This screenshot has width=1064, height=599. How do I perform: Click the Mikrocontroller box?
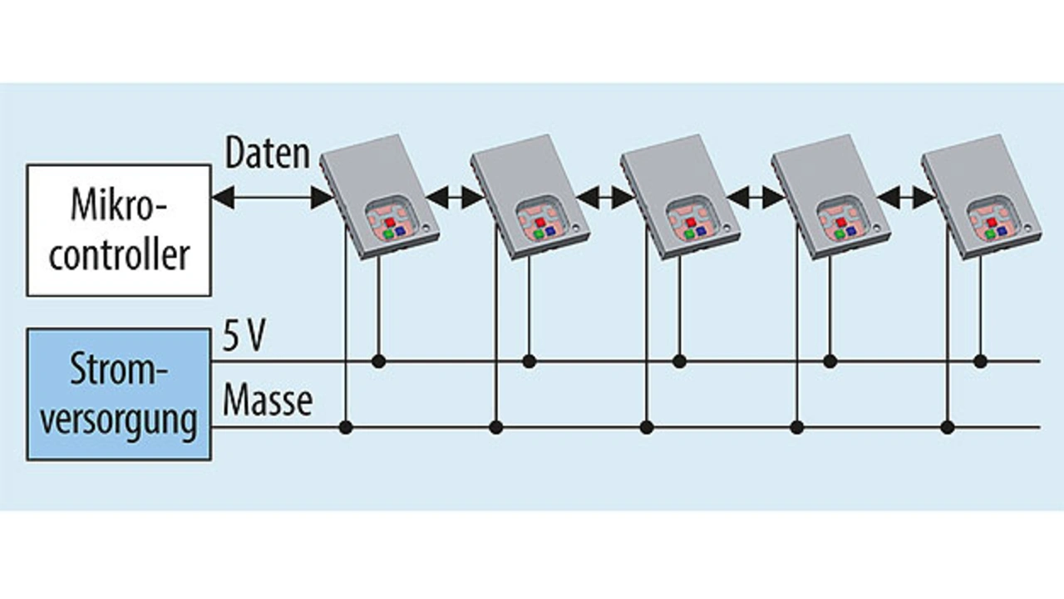[x=118, y=229]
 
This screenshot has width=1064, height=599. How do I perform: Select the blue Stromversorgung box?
[x=118, y=394]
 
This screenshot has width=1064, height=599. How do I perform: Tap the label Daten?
[x=268, y=155]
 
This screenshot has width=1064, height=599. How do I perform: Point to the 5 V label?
[x=243, y=339]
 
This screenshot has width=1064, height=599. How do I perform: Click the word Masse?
[x=268, y=400]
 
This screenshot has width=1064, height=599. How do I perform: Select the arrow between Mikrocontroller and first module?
[x=272, y=198]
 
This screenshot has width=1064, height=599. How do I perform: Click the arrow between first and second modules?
[x=455, y=198]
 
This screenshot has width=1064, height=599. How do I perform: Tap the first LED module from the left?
[x=379, y=196]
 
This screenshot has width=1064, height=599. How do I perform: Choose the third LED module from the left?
[x=680, y=196]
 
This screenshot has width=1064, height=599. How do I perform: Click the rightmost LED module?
[x=981, y=196]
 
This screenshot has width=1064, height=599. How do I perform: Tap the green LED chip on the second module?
[x=538, y=235]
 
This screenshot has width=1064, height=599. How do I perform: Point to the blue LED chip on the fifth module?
[x=1002, y=229]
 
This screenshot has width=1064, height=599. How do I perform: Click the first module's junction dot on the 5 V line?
[x=378, y=361]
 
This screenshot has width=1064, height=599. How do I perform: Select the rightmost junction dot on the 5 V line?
[x=980, y=361]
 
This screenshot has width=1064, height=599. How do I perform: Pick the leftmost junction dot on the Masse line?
[x=346, y=427]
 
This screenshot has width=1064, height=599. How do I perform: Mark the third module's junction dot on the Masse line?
[x=647, y=427]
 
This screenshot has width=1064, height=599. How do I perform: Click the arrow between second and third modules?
[x=605, y=198]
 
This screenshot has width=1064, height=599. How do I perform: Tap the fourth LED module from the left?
[x=830, y=196]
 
